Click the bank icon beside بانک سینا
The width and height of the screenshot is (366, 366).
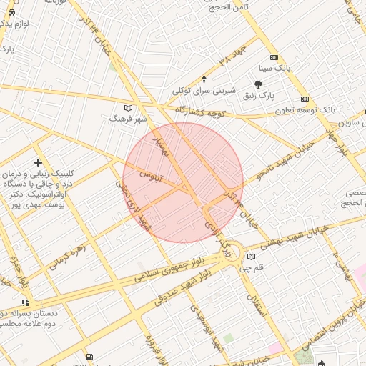274,58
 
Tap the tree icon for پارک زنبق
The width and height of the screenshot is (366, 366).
258,84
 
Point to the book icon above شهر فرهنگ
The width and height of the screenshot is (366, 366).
129,108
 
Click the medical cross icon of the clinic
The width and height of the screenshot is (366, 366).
38,163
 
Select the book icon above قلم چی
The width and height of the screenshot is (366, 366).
251,257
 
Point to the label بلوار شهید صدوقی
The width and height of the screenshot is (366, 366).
188,285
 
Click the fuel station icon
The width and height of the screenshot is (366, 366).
89,357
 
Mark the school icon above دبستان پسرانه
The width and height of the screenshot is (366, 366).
26,302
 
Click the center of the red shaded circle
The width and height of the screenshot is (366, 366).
183,182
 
